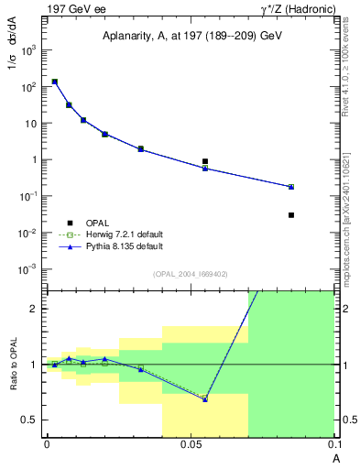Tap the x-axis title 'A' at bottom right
(334, 454)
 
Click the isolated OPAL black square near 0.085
(291, 215)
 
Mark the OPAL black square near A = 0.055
(205, 161)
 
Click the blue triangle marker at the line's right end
(291, 187)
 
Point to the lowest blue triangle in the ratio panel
(205, 399)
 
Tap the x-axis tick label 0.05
(191, 443)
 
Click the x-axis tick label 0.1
(333, 443)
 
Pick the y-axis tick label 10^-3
(28, 269)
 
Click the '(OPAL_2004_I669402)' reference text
(191, 274)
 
